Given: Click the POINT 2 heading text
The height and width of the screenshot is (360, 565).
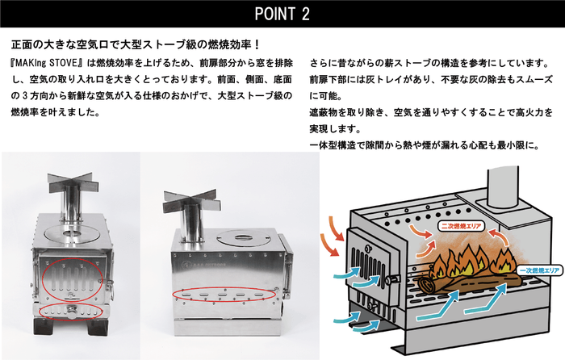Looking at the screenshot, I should coord(282,14).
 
